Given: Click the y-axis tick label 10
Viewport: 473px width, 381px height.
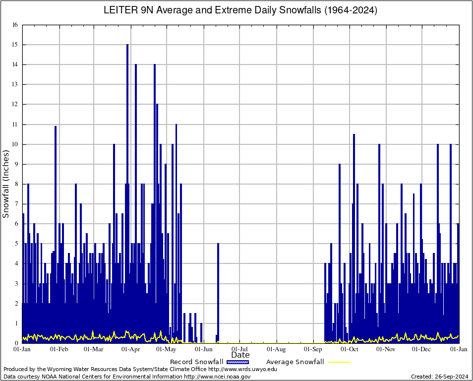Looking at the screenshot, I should [x=15, y=144].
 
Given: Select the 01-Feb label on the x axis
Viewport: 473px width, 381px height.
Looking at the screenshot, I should [x=59, y=349].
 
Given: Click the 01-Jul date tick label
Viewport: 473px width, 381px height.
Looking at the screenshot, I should [x=240, y=349].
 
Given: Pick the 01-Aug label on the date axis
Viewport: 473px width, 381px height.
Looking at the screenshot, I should [x=277, y=349].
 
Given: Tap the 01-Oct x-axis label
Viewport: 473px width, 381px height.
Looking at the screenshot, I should [x=350, y=349].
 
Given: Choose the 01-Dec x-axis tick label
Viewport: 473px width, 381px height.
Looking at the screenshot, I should [x=422, y=349].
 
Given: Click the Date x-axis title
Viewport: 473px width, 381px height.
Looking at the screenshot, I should [x=240, y=355].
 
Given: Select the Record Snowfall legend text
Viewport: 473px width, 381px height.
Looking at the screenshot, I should [x=196, y=362].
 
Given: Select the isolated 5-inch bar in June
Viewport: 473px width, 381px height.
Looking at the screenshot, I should [x=218, y=288].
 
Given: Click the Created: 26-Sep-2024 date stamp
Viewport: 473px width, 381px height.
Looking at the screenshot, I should [x=440, y=377].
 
